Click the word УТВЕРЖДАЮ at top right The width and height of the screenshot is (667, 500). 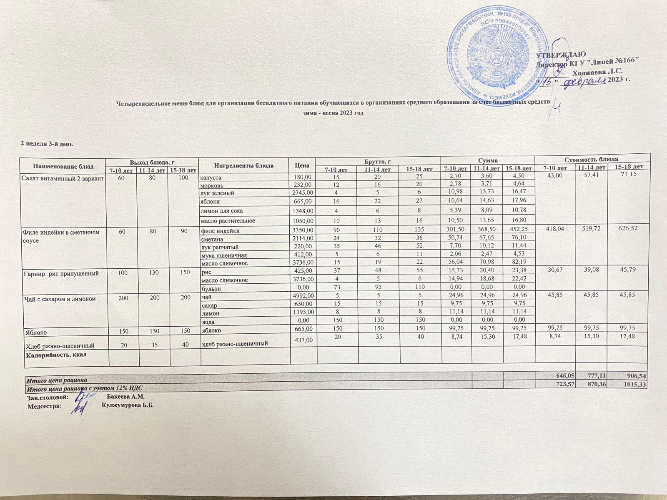coord(561,54)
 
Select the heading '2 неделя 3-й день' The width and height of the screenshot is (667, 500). coord(47,144)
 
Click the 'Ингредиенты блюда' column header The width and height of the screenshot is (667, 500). coord(243,165)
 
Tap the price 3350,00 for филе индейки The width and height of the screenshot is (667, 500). coord(303,230)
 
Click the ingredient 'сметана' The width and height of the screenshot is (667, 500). coord(212,239)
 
